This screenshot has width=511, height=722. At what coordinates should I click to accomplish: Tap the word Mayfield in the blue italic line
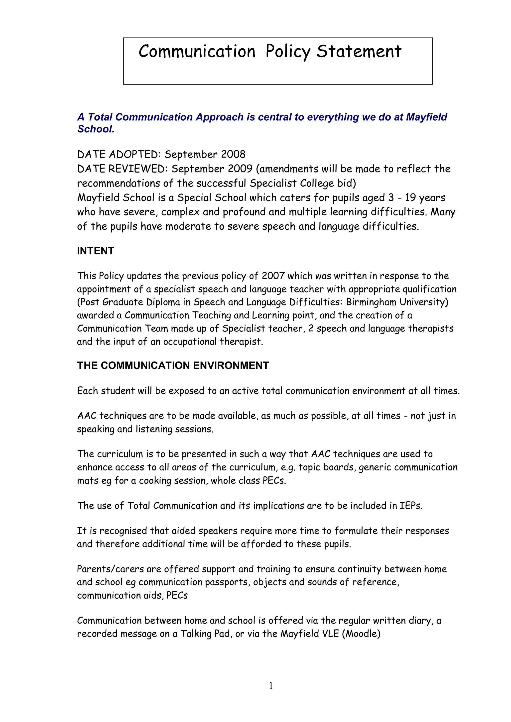(426, 117)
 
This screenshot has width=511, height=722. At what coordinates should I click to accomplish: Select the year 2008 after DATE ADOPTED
(233, 154)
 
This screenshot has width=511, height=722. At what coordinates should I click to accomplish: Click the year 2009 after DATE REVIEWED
(240, 169)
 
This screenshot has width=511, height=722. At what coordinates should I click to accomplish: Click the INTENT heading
(95, 251)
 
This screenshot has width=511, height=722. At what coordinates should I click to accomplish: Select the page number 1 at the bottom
(271, 686)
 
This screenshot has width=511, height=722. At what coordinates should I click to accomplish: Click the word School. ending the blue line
(96, 129)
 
